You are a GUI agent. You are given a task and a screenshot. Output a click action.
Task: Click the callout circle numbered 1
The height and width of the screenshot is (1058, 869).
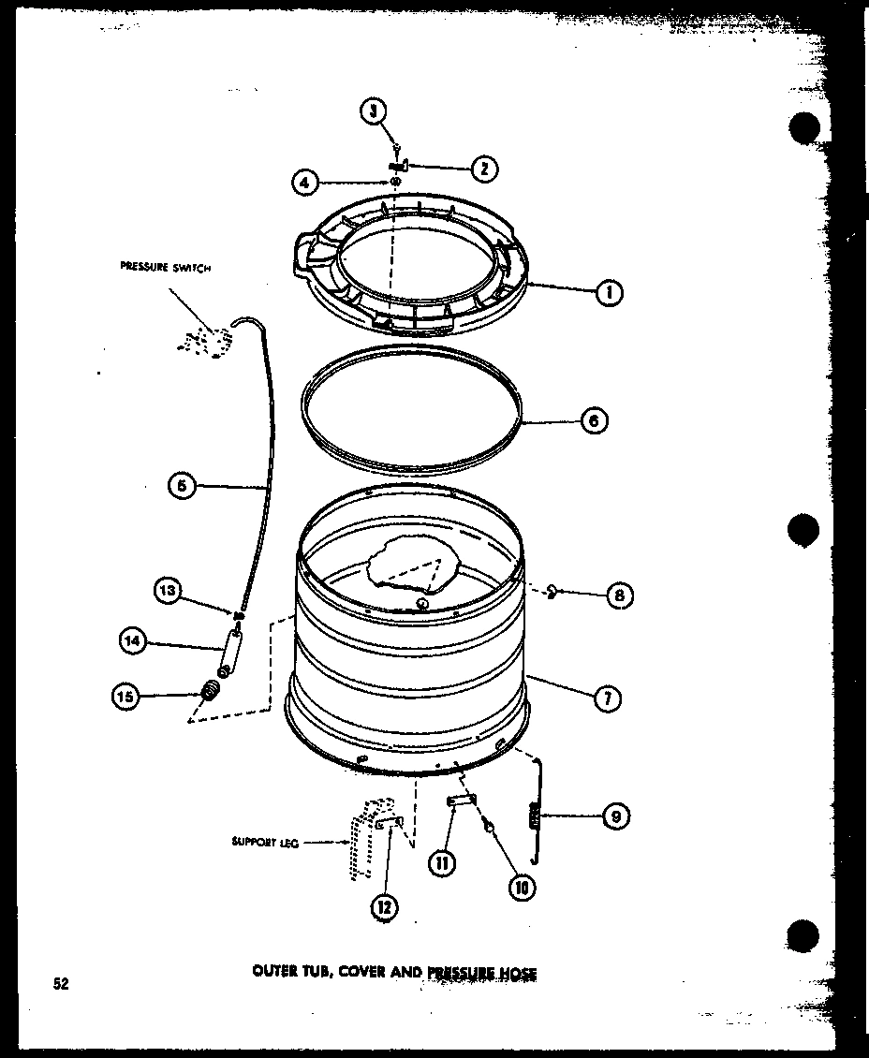610,293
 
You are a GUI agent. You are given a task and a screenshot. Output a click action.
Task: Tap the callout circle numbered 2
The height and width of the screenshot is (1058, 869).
483,169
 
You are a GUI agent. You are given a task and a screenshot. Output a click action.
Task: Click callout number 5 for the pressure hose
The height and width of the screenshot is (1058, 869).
183,485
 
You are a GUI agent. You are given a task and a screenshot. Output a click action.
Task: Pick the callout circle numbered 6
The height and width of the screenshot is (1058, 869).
593,421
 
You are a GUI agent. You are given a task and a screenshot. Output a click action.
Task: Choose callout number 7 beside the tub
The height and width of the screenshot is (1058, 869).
609,697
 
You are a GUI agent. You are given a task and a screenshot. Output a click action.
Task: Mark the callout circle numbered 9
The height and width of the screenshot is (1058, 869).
614,816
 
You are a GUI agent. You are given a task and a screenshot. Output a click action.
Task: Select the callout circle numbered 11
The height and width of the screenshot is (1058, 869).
442,863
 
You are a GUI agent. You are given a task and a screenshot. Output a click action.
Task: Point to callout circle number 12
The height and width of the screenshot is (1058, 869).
384,905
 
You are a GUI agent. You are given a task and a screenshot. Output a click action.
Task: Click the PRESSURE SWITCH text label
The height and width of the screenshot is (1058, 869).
166,268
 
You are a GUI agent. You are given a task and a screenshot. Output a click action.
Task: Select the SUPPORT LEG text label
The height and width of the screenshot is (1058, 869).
266,842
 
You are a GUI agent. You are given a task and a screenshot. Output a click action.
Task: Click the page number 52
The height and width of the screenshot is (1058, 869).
60,983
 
